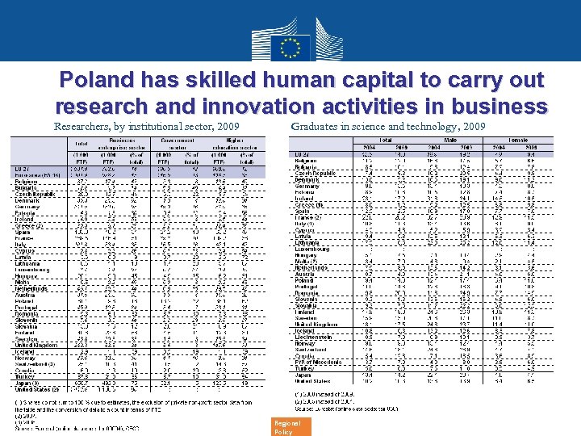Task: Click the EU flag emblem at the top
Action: [290, 45]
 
